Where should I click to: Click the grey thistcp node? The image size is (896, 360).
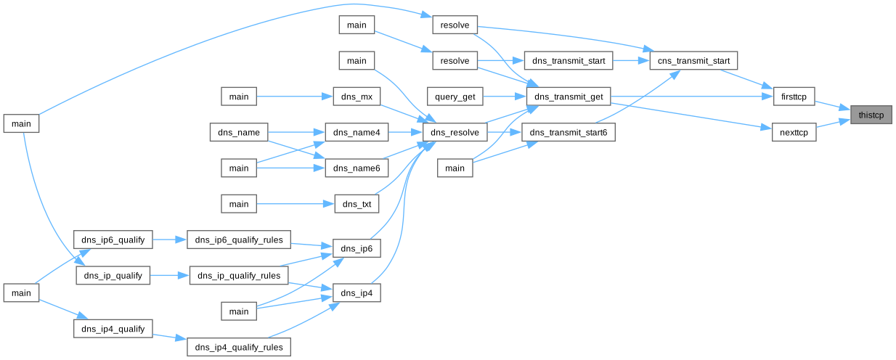coord(871,115)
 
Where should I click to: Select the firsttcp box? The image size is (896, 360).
coord(794,96)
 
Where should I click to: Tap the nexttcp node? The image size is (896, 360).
coord(794,133)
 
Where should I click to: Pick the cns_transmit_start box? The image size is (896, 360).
coord(694,60)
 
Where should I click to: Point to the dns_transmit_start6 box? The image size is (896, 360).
coord(568,133)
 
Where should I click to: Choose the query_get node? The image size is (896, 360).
coord(455,96)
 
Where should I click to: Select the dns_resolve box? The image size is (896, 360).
coord(455,133)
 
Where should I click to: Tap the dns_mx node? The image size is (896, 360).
coord(357,96)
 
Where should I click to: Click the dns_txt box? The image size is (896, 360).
coord(357,205)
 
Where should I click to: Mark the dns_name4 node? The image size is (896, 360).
coord(357,133)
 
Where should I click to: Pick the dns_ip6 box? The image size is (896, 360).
coord(357,249)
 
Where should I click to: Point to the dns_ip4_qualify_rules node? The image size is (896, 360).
coord(239,348)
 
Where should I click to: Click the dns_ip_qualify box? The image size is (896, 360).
coord(113,276)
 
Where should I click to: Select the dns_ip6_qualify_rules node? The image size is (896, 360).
coord(239,239)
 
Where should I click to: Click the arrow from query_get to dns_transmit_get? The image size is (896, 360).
coord(505,96)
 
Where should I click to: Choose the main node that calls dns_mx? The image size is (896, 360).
coord(239,96)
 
